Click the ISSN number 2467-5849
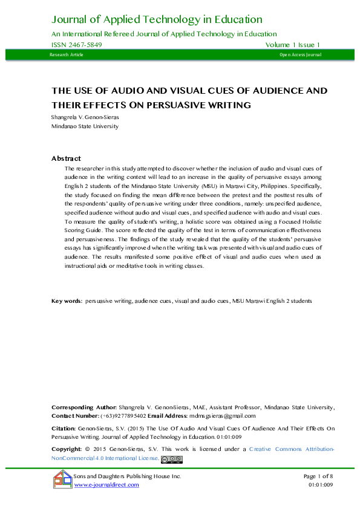76,45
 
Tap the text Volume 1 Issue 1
292,45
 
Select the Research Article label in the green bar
67,55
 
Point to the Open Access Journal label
300,55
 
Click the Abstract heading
67,158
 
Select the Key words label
67,300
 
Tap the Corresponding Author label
84,407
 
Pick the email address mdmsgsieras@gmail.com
223,416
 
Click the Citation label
64,427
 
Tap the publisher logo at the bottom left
62,481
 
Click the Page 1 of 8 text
318,477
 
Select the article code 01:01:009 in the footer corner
321,485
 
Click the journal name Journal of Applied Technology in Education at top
157,20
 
